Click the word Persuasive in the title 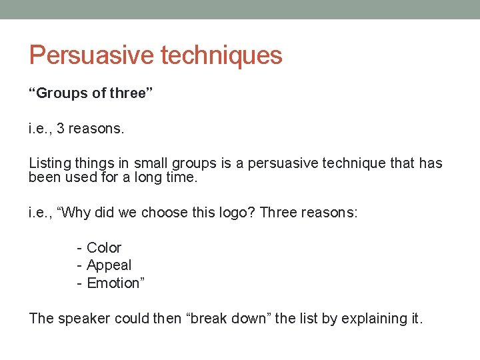90,55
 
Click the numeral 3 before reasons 61,128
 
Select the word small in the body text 151,163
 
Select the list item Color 104,248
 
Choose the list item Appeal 109,265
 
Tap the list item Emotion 115,283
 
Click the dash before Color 79,248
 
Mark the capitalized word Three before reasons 279,213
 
